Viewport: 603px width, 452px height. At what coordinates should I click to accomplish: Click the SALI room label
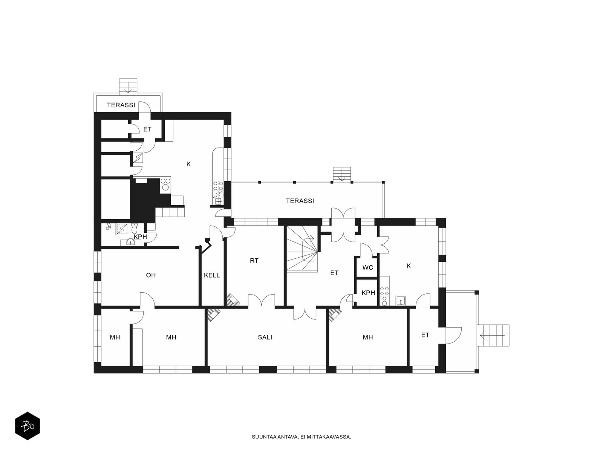pyautogui.click(x=265, y=337)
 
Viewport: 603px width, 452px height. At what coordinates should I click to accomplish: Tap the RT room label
pyautogui.click(x=254, y=260)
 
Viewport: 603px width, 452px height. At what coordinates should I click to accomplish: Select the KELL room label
pyautogui.click(x=212, y=275)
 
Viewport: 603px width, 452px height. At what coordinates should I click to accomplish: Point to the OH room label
pyautogui.click(x=151, y=275)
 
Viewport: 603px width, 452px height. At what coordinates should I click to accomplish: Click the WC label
pyautogui.click(x=367, y=267)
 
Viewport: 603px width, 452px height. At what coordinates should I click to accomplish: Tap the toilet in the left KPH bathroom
pyautogui.click(x=134, y=228)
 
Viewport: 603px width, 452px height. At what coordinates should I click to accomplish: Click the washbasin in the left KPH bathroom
pyautogui.click(x=130, y=242)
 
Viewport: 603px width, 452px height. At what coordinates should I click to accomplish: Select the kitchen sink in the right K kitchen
pyautogui.click(x=401, y=301)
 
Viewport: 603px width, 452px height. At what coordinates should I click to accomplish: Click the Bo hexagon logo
pyautogui.click(x=28, y=426)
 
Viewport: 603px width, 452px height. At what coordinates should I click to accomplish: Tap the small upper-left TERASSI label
pyautogui.click(x=121, y=105)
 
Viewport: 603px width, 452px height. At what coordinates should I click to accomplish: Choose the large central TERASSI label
pyautogui.click(x=300, y=201)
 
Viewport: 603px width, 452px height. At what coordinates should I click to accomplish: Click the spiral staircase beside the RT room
pyautogui.click(x=302, y=248)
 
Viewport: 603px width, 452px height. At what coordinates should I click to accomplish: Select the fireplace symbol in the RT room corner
pyautogui.click(x=233, y=299)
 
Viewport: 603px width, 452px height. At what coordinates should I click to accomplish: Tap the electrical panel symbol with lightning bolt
pyautogui.click(x=138, y=158)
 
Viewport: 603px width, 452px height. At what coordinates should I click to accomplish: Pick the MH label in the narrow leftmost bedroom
pyautogui.click(x=115, y=337)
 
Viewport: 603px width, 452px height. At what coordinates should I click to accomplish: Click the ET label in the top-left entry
pyautogui.click(x=147, y=129)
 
